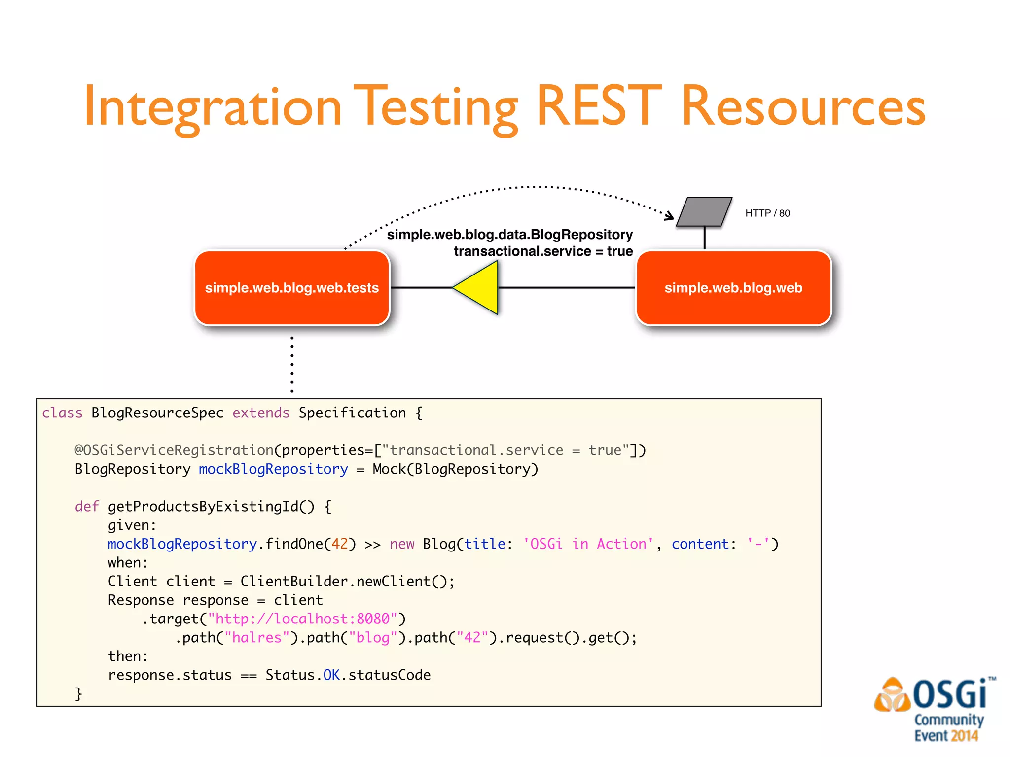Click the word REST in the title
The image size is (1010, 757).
click(x=599, y=105)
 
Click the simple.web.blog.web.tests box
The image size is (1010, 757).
click(x=292, y=288)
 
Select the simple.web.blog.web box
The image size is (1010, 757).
click(x=733, y=288)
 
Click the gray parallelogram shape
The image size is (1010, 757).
click(x=704, y=212)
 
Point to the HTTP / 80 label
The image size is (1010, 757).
click(x=767, y=213)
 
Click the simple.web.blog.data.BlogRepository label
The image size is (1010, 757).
click(x=509, y=235)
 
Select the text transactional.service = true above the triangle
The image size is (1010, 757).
click(x=543, y=251)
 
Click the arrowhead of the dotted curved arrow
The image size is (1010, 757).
click(x=669, y=215)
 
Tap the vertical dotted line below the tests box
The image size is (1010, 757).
click(x=292, y=365)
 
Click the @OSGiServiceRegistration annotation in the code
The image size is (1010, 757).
click(x=174, y=450)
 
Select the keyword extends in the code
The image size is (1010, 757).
click(x=261, y=413)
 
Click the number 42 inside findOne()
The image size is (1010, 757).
click(x=339, y=544)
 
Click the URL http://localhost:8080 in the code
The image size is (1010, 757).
click(x=302, y=619)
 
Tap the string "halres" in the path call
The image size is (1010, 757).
click(x=256, y=638)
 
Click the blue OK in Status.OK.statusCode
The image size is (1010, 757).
click(x=331, y=675)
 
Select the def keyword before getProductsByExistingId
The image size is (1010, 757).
click(x=87, y=507)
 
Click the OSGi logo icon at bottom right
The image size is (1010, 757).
click(x=892, y=695)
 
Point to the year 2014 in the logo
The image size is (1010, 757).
click(x=965, y=736)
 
